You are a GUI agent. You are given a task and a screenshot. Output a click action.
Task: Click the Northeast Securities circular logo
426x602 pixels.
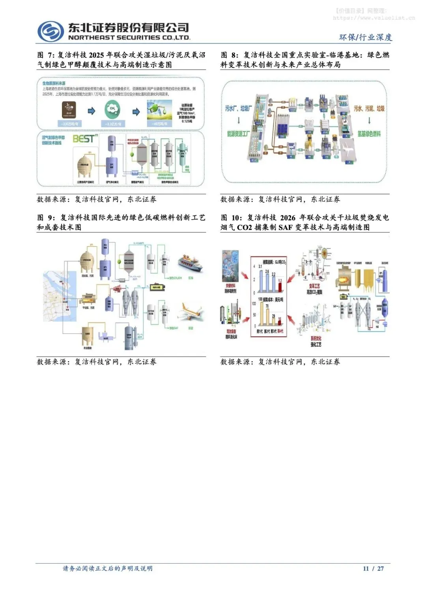click(50, 31)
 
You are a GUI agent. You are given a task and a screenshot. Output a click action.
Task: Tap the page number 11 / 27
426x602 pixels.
click(373, 568)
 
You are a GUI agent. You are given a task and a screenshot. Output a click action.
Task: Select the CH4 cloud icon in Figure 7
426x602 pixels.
click(113, 109)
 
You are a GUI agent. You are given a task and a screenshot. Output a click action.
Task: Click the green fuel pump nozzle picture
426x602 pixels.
click(159, 110)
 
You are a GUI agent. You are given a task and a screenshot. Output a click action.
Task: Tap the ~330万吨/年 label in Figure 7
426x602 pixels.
click(70, 124)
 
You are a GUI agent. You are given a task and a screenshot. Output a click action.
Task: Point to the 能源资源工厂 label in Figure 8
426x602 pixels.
click(238, 134)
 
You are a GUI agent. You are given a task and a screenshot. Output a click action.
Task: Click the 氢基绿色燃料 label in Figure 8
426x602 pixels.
click(369, 134)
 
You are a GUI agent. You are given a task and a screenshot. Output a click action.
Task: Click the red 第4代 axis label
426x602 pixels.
click(280, 331)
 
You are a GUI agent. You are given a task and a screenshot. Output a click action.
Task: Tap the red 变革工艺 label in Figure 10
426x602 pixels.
click(314, 286)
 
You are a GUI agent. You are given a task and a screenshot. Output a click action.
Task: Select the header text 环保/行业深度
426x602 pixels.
click(366, 37)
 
